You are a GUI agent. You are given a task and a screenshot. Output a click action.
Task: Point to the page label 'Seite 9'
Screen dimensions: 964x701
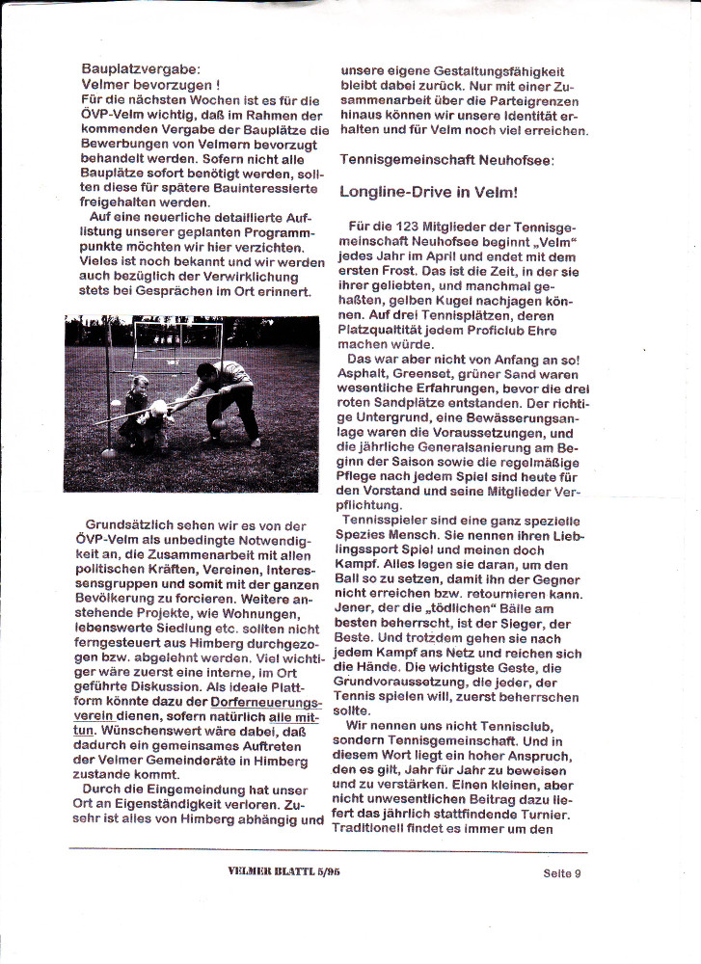pyautogui.click(x=561, y=874)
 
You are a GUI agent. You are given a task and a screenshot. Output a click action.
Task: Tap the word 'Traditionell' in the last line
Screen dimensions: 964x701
pyautogui.click(x=384, y=828)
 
